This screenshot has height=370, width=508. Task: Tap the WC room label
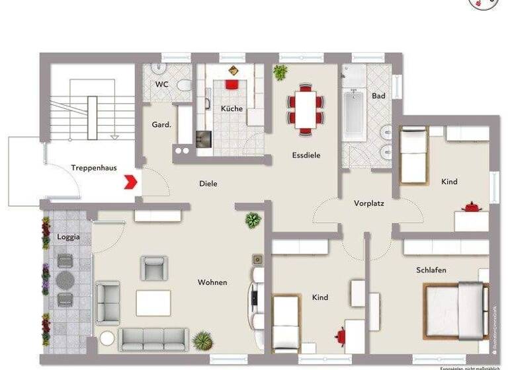coord(161,85)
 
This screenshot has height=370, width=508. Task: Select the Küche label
coord(232,108)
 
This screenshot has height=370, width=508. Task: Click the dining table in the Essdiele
coord(306,109)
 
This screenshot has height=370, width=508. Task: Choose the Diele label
coord(208,184)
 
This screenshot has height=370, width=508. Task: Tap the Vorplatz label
coord(368,203)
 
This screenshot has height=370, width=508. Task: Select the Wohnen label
coord(212,283)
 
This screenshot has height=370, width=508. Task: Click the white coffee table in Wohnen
coord(153,303)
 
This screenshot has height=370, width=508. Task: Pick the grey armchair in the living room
coord(153,268)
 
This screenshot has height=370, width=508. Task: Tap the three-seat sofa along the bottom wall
coord(153,338)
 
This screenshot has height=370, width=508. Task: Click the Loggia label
coord(68,237)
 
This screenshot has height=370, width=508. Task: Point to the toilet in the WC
coord(184,85)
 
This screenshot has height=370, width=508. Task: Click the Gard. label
coord(161,124)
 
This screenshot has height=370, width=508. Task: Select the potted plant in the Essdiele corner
coord(280,72)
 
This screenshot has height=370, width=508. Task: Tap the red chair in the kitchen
coord(232,84)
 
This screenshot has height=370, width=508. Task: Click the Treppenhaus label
coord(94,168)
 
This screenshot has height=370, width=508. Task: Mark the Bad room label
coord(378,96)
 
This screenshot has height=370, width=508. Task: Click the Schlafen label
coord(431,270)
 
